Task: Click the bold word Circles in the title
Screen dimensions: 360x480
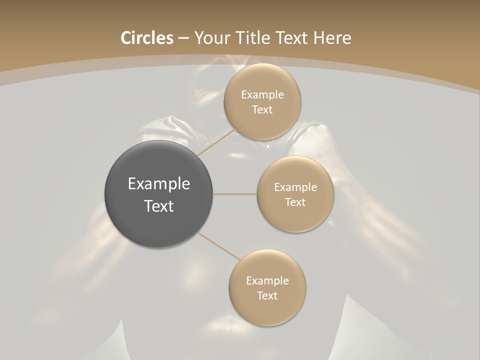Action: (x=147, y=38)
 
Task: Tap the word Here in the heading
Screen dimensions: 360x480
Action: (x=332, y=38)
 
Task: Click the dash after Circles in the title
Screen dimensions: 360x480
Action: (x=183, y=38)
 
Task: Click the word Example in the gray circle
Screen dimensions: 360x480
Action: (x=159, y=184)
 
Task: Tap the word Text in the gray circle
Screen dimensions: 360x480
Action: (x=159, y=206)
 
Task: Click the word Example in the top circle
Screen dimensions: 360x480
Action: (x=262, y=95)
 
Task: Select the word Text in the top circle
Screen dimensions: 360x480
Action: (x=262, y=110)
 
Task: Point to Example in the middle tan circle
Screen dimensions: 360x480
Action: (x=295, y=187)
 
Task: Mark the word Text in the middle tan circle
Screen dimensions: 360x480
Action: (x=295, y=202)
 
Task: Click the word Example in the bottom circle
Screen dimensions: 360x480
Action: (x=267, y=281)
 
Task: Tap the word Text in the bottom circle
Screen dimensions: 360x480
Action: (x=267, y=296)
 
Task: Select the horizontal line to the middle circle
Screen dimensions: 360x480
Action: (x=235, y=194)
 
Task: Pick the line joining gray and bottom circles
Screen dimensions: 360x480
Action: (x=218, y=246)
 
